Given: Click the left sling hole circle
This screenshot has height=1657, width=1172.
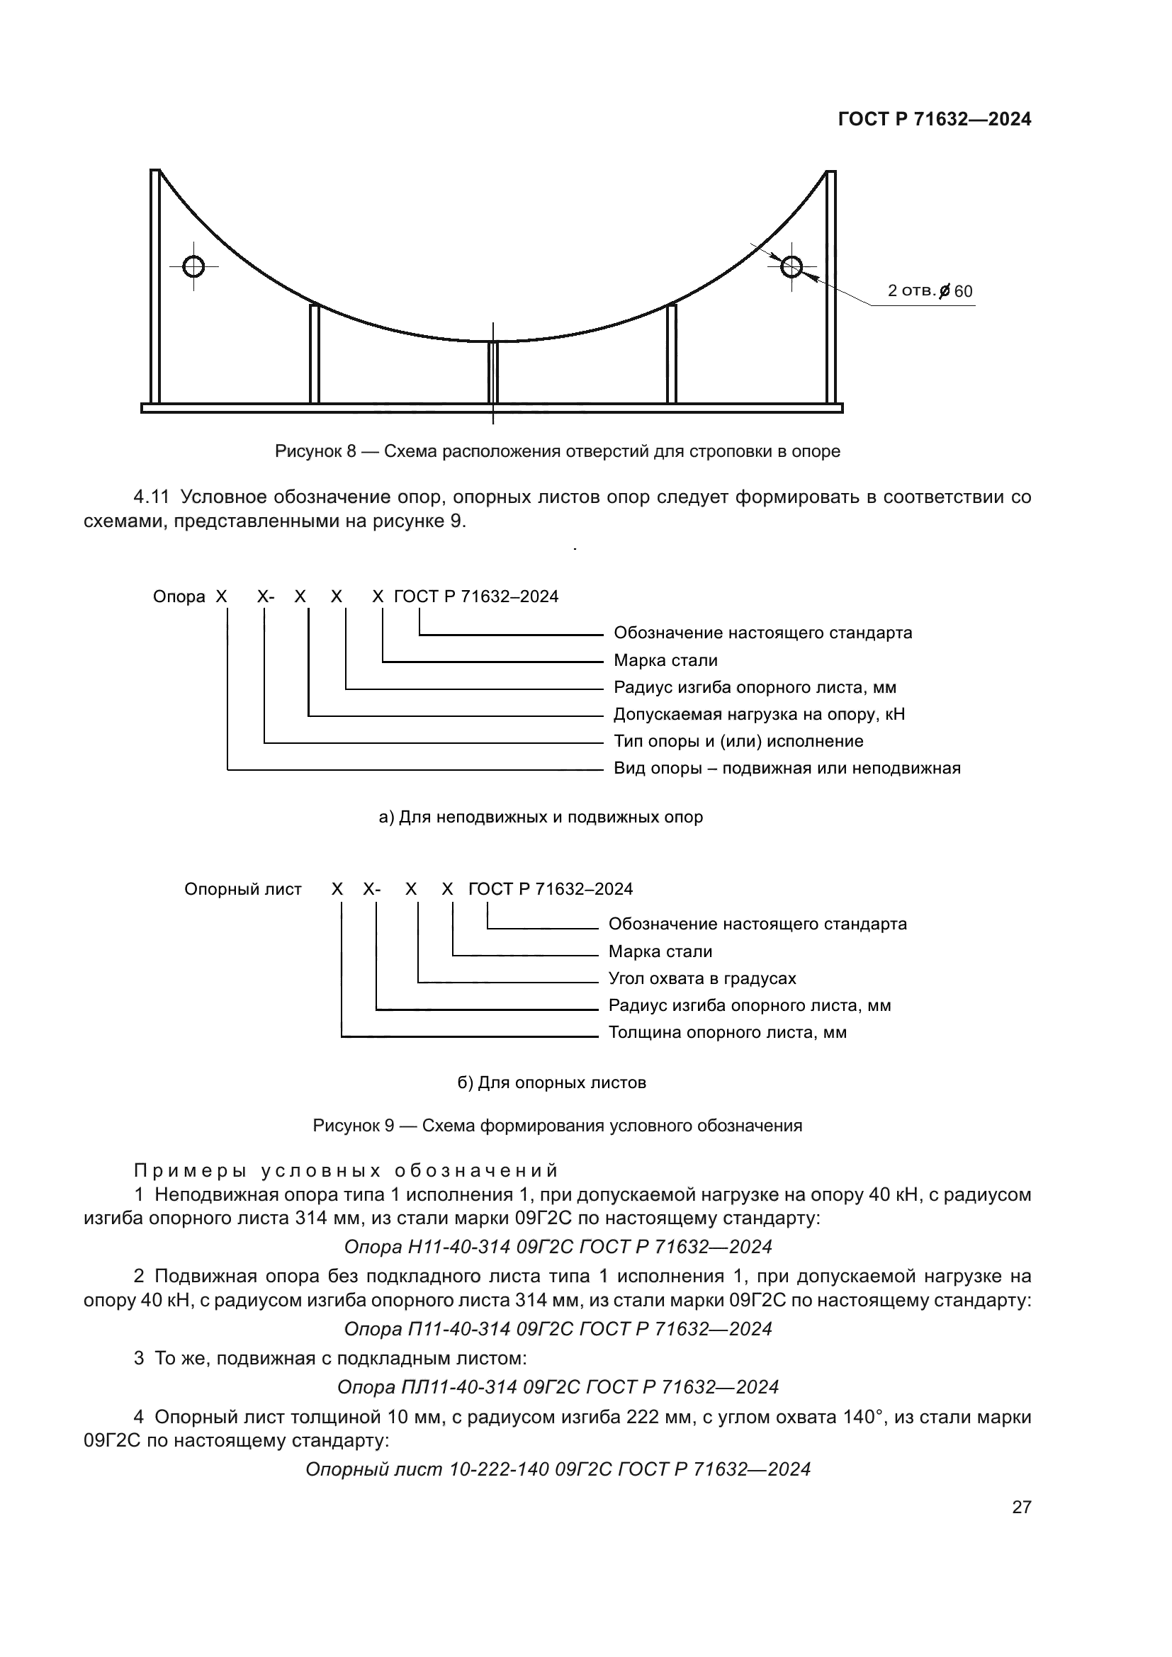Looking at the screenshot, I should pyautogui.click(x=193, y=266).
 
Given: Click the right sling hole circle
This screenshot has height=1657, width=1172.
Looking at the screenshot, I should pyautogui.click(x=791, y=267).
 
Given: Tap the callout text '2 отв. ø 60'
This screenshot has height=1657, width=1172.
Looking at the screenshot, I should pyautogui.click(x=930, y=291).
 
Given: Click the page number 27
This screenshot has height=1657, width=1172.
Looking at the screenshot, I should pyautogui.click(x=1021, y=1507).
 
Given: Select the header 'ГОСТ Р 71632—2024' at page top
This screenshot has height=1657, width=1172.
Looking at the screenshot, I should pyautogui.click(x=935, y=120).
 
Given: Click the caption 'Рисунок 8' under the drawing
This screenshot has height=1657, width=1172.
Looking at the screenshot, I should pyautogui.click(x=557, y=452).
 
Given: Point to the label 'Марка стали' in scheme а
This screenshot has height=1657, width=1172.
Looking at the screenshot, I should pyautogui.click(x=665, y=660).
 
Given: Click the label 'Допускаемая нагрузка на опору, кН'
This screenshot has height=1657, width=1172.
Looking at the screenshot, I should pyautogui.click(x=758, y=715).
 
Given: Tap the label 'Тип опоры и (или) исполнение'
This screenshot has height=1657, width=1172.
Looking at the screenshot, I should pyautogui.click(x=738, y=741).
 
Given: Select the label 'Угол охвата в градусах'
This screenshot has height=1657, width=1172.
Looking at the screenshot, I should pyautogui.click(x=702, y=978).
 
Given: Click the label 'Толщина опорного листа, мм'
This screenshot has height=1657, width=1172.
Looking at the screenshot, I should pyautogui.click(x=728, y=1032).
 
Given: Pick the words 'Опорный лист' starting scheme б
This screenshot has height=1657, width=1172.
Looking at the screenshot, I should pyautogui.click(x=242, y=889).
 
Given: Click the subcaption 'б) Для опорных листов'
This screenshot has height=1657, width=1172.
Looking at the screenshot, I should pyautogui.click(x=551, y=1082).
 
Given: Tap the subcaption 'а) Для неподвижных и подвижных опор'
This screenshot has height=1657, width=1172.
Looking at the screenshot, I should pyautogui.click(x=541, y=817).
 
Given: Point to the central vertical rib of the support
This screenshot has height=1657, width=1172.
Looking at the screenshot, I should pyautogui.click(x=493, y=373).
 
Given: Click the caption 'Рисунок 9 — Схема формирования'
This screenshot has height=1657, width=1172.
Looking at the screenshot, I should pyautogui.click(x=557, y=1126).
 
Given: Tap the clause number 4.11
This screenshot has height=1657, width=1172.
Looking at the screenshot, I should pyautogui.click(x=151, y=497).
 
